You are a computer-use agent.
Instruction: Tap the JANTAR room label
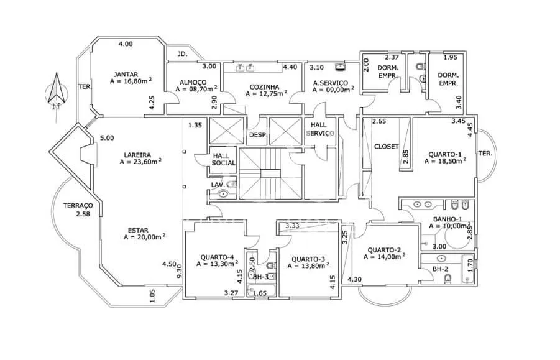[x=126, y=74]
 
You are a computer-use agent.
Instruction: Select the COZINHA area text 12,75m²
[x=267, y=94]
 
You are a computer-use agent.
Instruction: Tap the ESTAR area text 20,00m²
[x=144, y=237]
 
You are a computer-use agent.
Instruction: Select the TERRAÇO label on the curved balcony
[x=78, y=206]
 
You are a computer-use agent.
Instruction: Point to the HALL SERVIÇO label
[x=321, y=129]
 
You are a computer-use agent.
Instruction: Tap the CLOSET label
[x=386, y=147]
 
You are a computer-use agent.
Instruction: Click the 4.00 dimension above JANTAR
[x=126, y=44]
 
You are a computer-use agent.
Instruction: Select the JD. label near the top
[x=182, y=54]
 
